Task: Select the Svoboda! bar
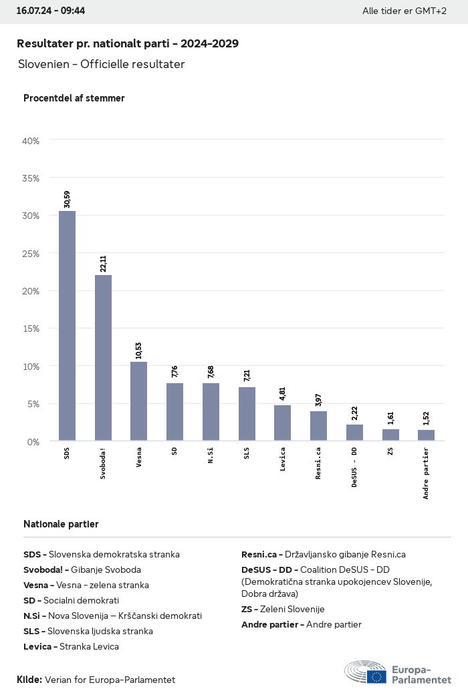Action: (103, 358)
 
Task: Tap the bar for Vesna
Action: (138, 401)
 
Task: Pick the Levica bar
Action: (282, 423)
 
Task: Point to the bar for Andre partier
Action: (426, 435)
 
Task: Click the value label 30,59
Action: (67, 199)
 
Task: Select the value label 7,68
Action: (211, 371)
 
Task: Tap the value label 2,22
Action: (354, 413)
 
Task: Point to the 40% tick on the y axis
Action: (31, 141)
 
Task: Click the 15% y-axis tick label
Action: (31, 328)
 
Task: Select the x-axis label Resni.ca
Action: (318, 463)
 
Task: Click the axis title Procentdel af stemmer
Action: (74, 98)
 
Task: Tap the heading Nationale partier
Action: (61, 524)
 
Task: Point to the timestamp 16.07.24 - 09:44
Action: (51, 11)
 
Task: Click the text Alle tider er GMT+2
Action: (404, 11)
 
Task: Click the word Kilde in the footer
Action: (29, 680)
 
